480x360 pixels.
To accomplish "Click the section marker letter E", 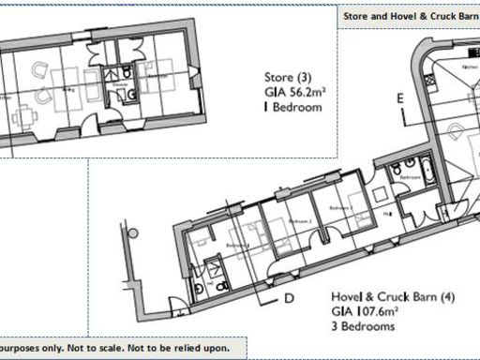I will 398,97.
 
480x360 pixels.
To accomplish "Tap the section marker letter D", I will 290,298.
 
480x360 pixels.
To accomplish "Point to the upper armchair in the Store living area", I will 40,69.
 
